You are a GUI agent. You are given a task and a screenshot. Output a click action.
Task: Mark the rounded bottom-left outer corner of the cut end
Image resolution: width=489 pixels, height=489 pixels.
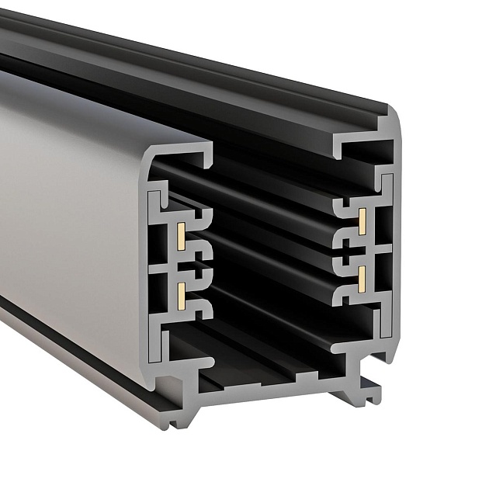click(151, 380)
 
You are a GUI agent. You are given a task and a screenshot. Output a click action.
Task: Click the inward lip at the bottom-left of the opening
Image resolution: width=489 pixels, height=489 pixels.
click(203, 362)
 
